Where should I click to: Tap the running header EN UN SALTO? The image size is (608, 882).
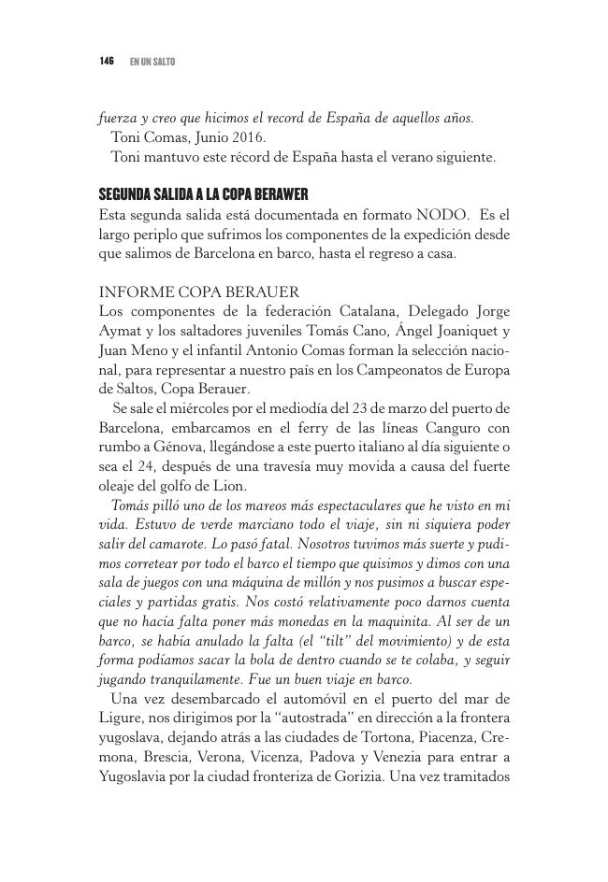click(152, 62)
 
